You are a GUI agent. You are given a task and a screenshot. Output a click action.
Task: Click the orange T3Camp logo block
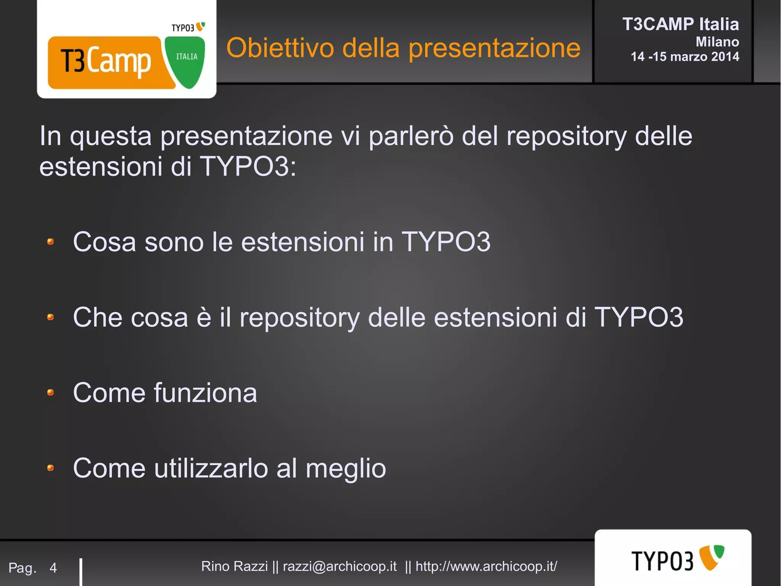click(107, 62)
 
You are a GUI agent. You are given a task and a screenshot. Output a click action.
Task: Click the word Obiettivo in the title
click(280, 48)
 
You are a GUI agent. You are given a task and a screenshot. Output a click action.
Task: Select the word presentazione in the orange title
click(494, 49)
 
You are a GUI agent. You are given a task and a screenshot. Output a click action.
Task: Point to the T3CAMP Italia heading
click(680, 24)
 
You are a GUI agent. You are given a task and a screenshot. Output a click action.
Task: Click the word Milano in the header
click(717, 42)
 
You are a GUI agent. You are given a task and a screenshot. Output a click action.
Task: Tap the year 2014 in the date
click(725, 57)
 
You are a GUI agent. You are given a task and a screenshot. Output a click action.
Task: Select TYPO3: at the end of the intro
click(248, 166)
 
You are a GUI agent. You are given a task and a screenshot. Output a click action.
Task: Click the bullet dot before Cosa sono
click(50, 242)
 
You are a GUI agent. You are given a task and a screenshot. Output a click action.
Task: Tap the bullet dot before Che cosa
click(50, 317)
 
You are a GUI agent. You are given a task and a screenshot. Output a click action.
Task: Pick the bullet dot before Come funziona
click(50, 392)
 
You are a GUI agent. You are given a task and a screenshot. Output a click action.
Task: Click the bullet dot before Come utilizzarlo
click(50, 468)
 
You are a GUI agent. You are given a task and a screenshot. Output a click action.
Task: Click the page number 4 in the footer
click(53, 568)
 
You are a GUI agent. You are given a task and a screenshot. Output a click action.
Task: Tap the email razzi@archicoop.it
click(339, 566)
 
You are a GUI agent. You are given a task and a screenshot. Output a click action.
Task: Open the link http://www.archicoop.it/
click(486, 566)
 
